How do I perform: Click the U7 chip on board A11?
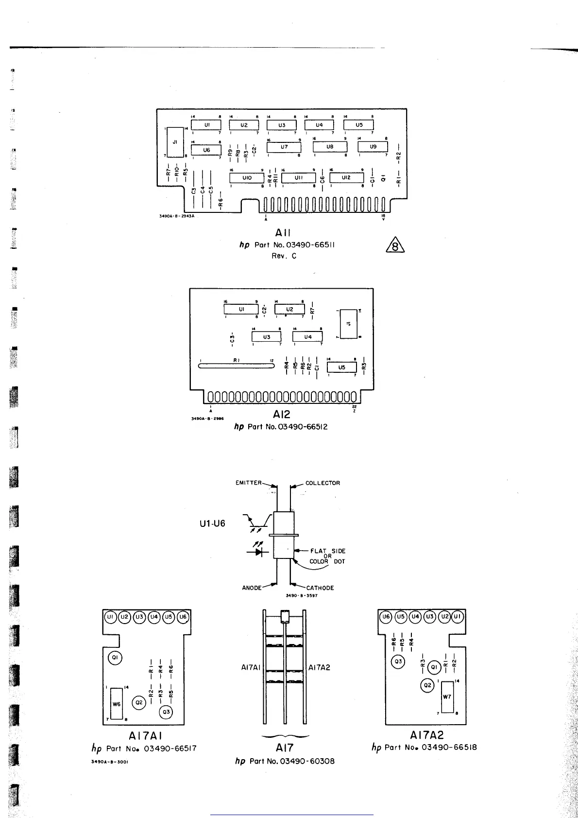(x=284, y=146)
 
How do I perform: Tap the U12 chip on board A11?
(x=346, y=178)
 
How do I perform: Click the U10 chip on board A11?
(x=247, y=178)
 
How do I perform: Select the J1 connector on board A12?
(x=349, y=324)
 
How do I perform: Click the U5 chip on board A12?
(x=341, y=367)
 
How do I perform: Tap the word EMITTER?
(x=249, y=483)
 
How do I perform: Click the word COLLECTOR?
(x=323, y=483)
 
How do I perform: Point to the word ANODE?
(x=252, y=588)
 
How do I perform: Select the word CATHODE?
(x=320, y=588)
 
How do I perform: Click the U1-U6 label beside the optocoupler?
(x=212, y=524)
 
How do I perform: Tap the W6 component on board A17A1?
(x=117, y=703)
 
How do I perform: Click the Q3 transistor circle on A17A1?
(x=166, y=712)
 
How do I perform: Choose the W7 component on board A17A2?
(x=447, y=696)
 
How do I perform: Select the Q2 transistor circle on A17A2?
(x=427, y=685)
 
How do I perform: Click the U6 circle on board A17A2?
(x=386, y=617)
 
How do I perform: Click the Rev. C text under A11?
(x=284, y=256)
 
